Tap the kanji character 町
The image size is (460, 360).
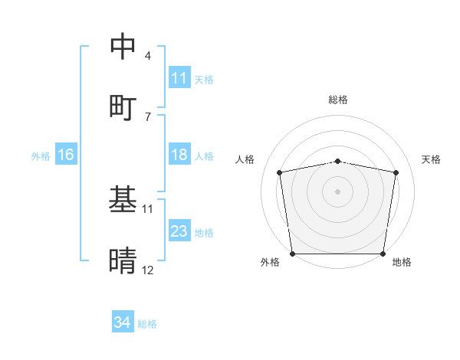(123, 106)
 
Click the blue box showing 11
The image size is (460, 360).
(179, 78)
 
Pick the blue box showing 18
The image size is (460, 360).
(179, 155)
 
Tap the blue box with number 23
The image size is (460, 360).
(179, 231)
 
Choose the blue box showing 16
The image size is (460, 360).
(66, 155)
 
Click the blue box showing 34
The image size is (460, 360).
(123, 323)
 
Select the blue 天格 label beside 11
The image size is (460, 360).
(204, 79)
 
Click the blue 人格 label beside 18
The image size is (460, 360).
(204, 155)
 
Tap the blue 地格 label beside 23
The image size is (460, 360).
(204, 232)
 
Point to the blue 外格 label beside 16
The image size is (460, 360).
(41, 155)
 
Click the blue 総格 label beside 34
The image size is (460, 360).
(147, 324)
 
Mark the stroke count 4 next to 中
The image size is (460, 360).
(147, 56)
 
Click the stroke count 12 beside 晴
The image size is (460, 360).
(147, 270)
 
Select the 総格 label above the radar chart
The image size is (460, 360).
(337, 100)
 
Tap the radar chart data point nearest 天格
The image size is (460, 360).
(396, 172)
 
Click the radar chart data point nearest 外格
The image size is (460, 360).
(292, 254)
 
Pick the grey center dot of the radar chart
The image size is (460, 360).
(337, 191)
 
